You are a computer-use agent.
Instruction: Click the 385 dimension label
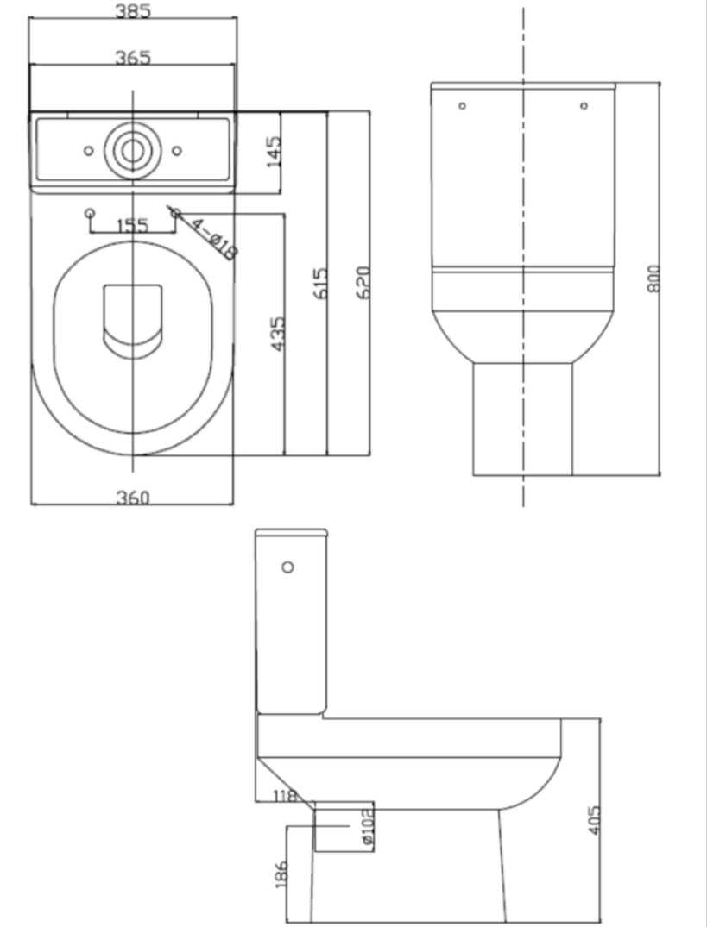pyautogui.click(x=133, y=10)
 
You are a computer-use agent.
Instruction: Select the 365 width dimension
pyautogui.click(x=133, y=58)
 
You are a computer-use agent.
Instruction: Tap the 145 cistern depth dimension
pyautogui.click(x=274, y=152)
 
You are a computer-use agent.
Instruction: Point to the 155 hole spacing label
pyautogui.click(x=133, y=226)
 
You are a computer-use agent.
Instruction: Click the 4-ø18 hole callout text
pyautogui.click(x=213, y=240)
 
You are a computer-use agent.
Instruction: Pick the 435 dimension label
pyautogui.click(x=277, y=334)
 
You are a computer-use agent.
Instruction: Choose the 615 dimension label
pyautogui.click(x=319, y=284)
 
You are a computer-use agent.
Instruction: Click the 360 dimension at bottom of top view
pyautogui.click(x=133, y=498)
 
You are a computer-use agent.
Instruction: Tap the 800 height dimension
pyautogui.click(x=653, y=278)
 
